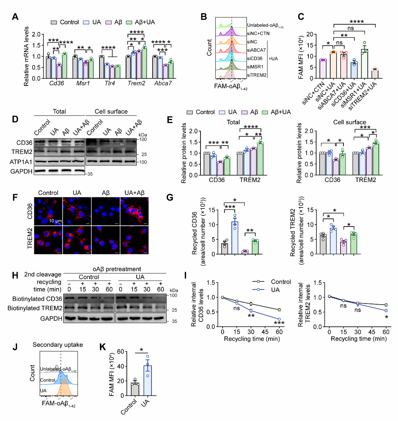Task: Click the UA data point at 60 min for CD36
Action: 279,319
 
